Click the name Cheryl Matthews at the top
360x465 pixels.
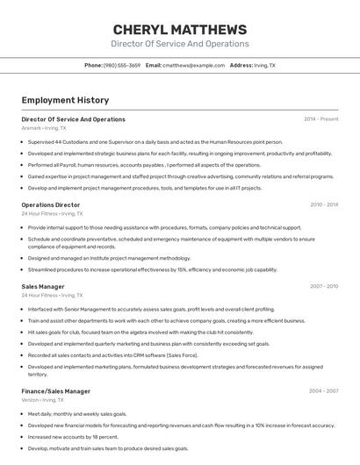(x=179, y=29)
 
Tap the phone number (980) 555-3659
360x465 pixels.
(x=121, y=65)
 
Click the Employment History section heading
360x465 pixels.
(x=65, y=100)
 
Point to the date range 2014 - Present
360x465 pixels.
(x=320, y=118)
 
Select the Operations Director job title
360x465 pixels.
(x=51, y=204)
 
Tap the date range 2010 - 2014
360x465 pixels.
(x=323, y=204)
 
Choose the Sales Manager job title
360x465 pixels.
(x=43, y=286)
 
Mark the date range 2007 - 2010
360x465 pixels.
(x=323, y=286)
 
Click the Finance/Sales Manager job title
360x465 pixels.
(x=56, y=390)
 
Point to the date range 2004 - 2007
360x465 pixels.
(x=323, y=390)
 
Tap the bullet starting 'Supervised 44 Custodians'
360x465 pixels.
(x=155, y=141)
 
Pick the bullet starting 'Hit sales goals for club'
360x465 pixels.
(x=140, y=333)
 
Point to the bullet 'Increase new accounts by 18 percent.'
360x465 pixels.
(x=73, y=436)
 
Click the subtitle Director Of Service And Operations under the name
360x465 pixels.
(x=179, y=44)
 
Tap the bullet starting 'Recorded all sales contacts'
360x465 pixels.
(x=112, y=355)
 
